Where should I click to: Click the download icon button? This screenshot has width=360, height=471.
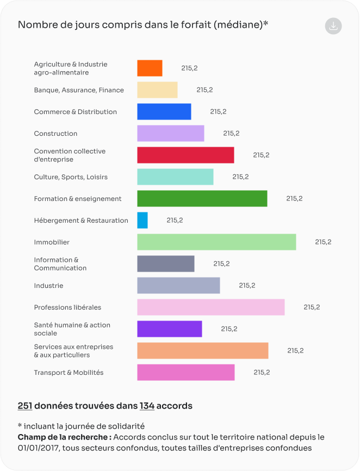click(333, 26)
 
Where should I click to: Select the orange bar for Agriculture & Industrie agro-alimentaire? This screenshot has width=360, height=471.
click(150, 68)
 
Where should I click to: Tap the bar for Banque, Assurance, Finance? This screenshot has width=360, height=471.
click(157, 90)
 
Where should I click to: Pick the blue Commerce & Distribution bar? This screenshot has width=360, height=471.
click(164, 111)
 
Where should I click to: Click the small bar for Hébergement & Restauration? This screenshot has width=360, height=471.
click(142, 220)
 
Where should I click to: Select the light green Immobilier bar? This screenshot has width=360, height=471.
click(216, 242)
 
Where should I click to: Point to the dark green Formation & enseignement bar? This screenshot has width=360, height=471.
click(202, 198)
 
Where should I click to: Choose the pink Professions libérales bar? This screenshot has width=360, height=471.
click(210, 307)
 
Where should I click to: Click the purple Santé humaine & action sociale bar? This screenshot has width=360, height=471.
click(169, 329)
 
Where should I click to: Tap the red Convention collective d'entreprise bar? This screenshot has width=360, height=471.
click(185, 155)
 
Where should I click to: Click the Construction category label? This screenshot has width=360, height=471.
click(55, 134)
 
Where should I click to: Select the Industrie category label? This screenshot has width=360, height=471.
click(48, 286)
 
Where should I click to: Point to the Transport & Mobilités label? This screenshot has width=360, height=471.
click(69, 373)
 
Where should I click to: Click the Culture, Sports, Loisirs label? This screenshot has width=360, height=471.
click(71, 177)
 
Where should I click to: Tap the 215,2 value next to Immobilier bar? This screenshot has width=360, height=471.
click(323, 242)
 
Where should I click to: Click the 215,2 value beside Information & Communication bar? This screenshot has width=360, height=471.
click(221, 263)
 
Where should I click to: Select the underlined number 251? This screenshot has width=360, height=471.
click(25, 406)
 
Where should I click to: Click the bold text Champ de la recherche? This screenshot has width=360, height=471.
click(64, 437)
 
